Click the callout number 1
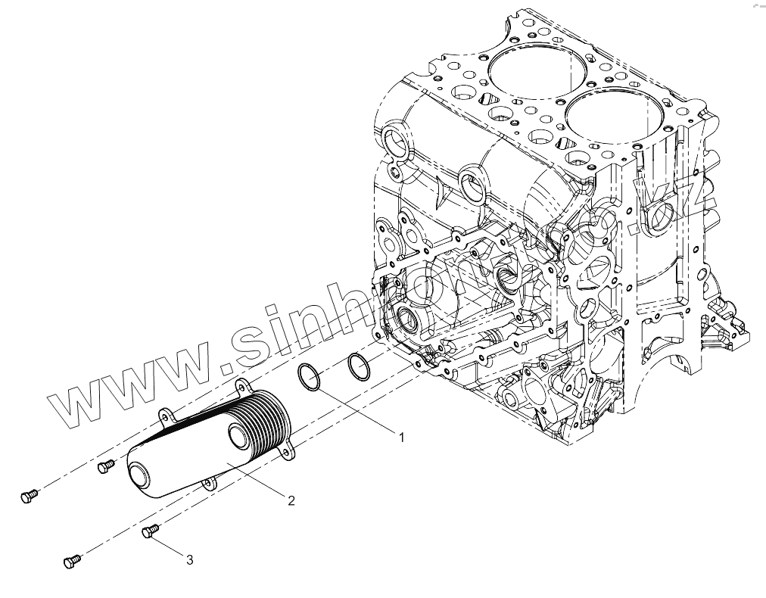click(402, 438)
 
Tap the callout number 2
click(290, 500)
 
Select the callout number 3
click(190, 560)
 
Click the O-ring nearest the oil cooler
click(308, 377)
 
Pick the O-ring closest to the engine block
click(357, 366)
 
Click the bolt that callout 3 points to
click(149, 533)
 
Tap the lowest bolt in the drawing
click(72, 561)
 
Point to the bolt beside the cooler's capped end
click(105, 466)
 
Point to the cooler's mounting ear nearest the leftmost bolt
click(165, 416)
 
